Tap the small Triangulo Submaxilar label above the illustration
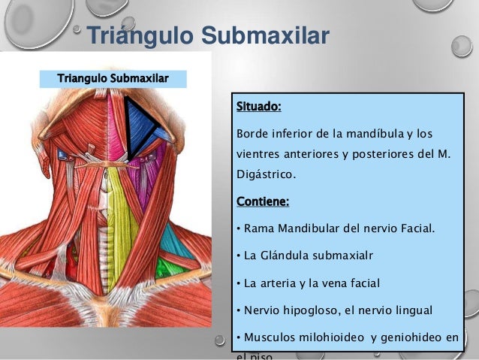pyautogui.click(x=113, y=78)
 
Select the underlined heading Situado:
pyautogui.click(x=258, y=106)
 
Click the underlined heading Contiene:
pyautogui.click(x=263, y=201)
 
